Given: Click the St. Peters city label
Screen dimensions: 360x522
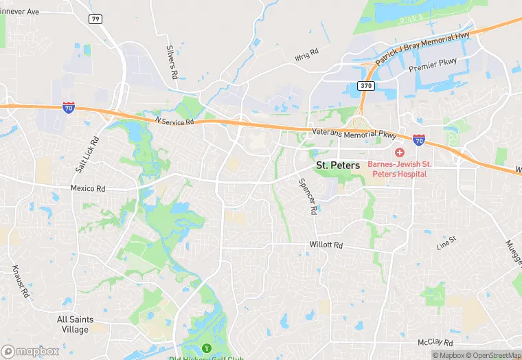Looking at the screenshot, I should pos(337,166).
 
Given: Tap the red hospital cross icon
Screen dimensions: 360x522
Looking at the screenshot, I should pos(399,152).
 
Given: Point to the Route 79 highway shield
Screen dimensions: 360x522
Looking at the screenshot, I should pos(95,19).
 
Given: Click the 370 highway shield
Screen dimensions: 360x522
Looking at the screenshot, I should pos(365,85).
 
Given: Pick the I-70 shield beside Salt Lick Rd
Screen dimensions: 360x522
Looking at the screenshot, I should pos(68,108).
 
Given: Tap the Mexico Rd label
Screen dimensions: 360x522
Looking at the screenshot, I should pos(88,188).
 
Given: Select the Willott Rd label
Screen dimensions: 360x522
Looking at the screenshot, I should pos(326,245).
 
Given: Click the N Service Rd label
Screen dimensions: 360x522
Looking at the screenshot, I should pos(175,122).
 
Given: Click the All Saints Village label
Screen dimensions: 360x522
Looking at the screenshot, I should pos(75,324).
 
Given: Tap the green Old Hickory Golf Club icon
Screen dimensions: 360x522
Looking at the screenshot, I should pos(206,347).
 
